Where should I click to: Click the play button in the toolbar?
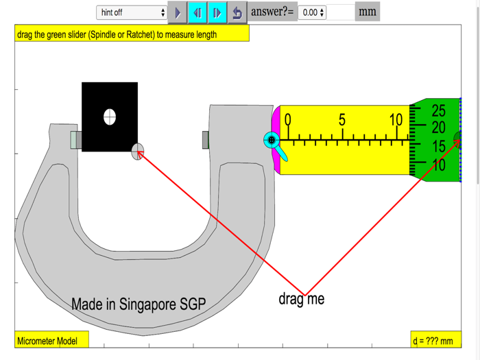177,12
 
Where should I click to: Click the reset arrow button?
237,12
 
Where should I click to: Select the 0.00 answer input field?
311,12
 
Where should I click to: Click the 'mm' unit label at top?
368,12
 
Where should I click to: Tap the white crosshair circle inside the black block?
110,117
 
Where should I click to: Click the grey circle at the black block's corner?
138,152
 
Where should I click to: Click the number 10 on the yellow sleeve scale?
396,120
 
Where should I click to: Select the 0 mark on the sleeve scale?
288,120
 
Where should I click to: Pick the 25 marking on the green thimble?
438,110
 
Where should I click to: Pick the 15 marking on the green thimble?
438,147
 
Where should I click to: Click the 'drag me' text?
301,299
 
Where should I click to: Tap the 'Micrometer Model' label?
47,341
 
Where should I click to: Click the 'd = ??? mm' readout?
433,341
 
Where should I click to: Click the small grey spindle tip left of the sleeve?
205,140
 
